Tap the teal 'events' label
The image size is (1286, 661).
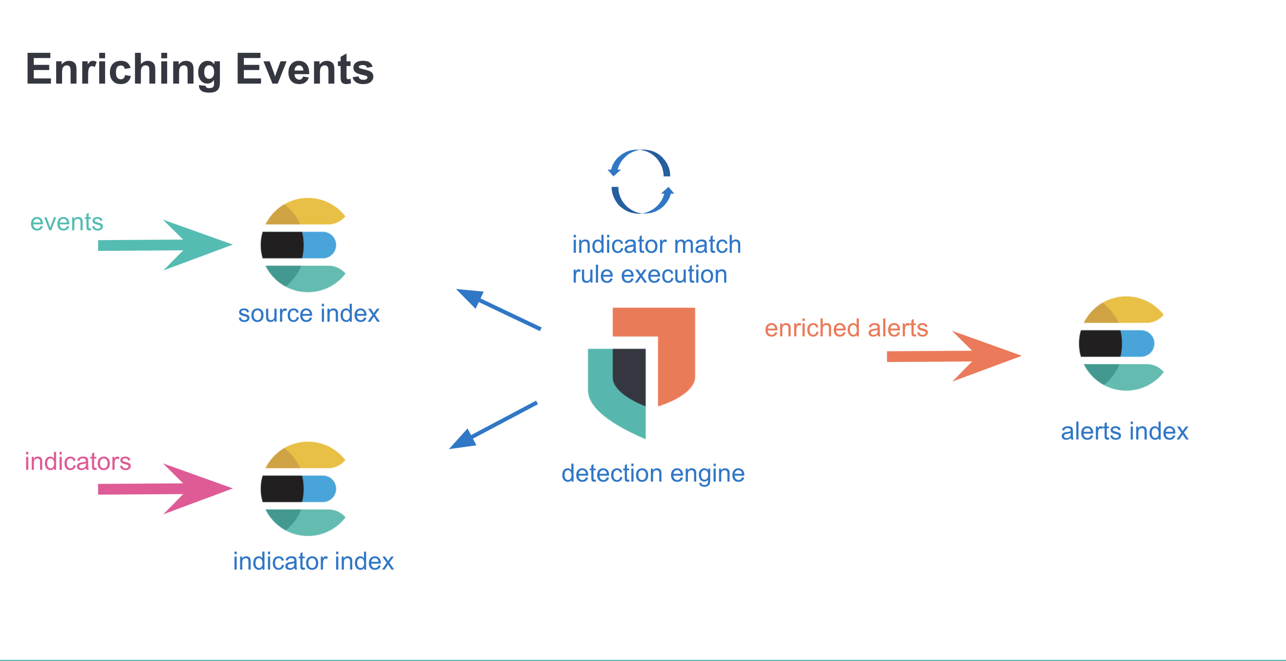pos(67,222)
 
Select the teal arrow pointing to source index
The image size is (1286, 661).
pos(165,245)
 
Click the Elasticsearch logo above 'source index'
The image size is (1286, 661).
pos(303,245)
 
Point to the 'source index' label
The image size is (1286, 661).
pos(308,314)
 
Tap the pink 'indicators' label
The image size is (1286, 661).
pos(78,461)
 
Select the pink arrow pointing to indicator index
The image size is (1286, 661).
pos(165,488)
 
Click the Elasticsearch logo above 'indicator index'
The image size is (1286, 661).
pos(303,488)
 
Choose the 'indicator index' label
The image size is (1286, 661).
pos(314,561)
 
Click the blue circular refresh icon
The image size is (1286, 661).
pos(641,181)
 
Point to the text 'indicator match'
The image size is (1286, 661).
pos(657,245)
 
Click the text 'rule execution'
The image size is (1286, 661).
pos(649,275)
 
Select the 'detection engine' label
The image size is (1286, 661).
pos(653,473)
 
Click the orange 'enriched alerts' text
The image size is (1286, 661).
pos(846,328)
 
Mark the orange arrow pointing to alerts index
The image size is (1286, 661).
pos(954,356)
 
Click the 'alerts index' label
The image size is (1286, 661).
pos(1124,431)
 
